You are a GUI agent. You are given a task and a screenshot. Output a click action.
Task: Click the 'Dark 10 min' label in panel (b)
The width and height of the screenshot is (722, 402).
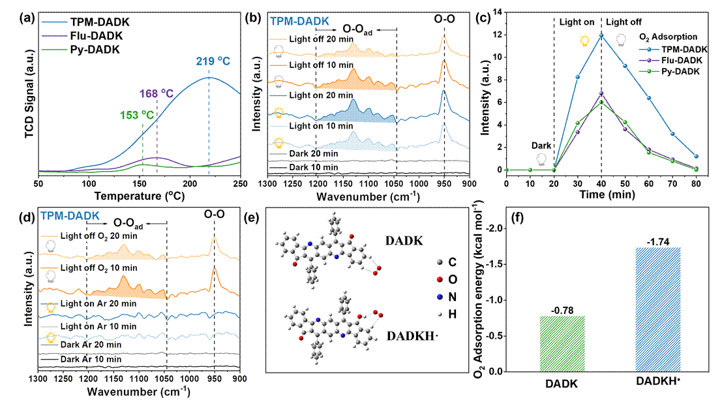pyautogui.click(x=313, y=168)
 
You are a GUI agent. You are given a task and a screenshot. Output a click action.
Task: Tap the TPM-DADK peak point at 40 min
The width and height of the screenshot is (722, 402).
pyautogui.click(x=601, y=35)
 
